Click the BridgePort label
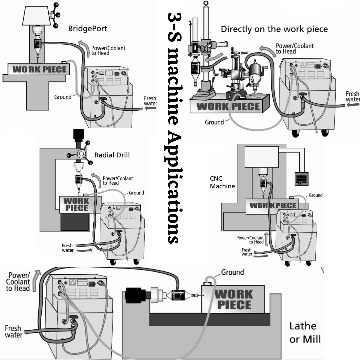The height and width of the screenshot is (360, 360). (x=88, y=28)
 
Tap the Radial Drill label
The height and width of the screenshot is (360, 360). (x=112, y=155)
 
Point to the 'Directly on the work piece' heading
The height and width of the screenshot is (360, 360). (x=274, y=29)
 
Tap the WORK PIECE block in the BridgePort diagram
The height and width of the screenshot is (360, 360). (x=39, y=70)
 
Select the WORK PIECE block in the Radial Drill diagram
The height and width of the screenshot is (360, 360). (x=76, y=204)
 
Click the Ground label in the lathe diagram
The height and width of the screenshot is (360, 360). (x=232, y=272)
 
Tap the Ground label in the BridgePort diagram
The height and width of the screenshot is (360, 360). (x=63, y=97)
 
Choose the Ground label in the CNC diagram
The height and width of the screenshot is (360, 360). (x=315, y=195)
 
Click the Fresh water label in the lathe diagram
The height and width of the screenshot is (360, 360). (x=14, y=331)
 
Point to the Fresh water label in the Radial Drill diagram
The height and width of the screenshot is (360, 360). (x=67, y=248)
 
